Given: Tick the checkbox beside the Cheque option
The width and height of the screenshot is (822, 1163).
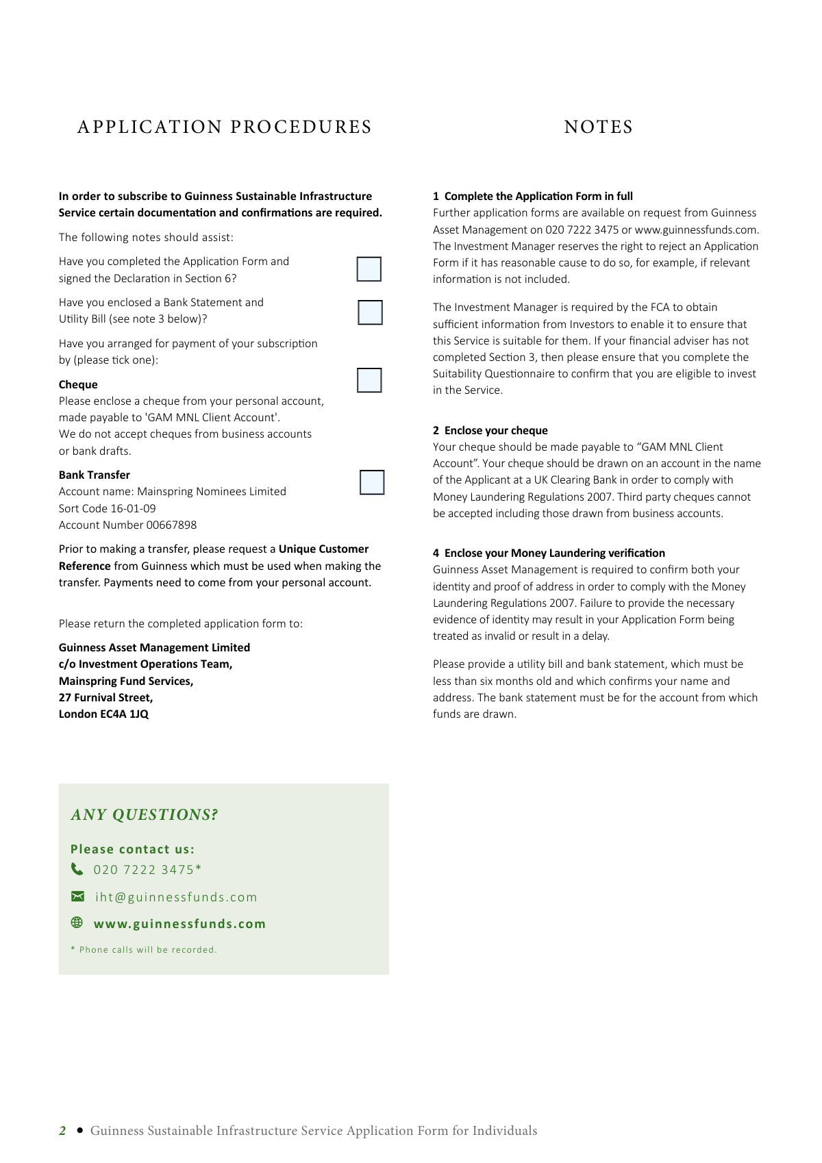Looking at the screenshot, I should coord(369,380).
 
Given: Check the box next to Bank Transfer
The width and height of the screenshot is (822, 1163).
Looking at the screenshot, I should coord(372,482).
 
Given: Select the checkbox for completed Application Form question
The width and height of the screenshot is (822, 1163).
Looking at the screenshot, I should coord(369,269).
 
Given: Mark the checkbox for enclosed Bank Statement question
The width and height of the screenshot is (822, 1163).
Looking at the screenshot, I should coord(370,312).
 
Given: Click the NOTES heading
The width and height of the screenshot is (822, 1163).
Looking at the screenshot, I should coord(598,127).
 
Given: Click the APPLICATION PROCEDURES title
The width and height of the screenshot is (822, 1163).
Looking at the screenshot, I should coord(225,127).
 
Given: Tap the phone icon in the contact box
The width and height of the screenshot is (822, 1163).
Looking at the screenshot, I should coord(77,869).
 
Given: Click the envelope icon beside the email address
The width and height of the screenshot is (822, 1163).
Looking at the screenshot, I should coord(77,897).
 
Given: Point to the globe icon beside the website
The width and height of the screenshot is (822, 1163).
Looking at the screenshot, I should coord(77,923).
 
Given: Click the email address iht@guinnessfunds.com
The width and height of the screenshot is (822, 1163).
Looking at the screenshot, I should coord(176,897).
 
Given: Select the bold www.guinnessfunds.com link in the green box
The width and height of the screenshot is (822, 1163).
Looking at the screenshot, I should coord(179,924).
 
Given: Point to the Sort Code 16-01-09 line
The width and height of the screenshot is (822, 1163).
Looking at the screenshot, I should coord(108,508).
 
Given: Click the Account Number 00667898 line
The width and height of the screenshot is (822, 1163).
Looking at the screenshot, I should coord(127,525).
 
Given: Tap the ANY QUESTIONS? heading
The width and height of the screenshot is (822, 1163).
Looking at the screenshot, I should coord(144,815).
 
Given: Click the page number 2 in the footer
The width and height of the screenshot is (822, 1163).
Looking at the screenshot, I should coord(62,1131).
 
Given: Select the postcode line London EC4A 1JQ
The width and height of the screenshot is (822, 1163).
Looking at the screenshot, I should coord(103,714).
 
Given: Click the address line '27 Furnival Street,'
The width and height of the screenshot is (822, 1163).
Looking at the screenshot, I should coord(105,697).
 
